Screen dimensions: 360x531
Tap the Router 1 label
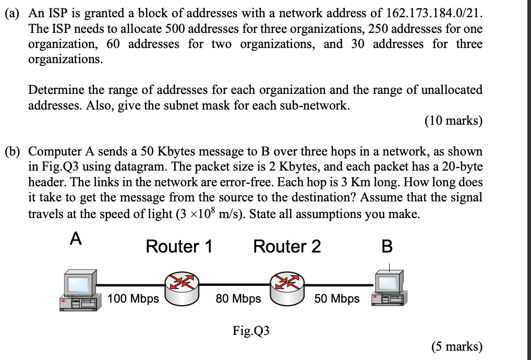pyautogui.click(x=179, y=246)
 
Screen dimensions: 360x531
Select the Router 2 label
pyautogui.click(x=287, y=246)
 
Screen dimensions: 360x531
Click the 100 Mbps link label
pyautogui.click(x=133, y=299)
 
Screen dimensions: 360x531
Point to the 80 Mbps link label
pyautogui.click(x=238, y=299)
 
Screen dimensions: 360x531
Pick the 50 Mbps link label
pyautogui.click(x=336, y=299)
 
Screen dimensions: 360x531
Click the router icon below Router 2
pyautogui.click(x=287, y=289)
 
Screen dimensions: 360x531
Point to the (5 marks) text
pyautogui.click(x=456, y=347)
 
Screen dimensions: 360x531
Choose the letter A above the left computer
pyautogui.click(x=76, y=239)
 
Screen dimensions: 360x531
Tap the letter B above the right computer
pyautogui.click(x=387, y=246)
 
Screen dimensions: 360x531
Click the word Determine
pyautogui.click(x=54, y=90)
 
